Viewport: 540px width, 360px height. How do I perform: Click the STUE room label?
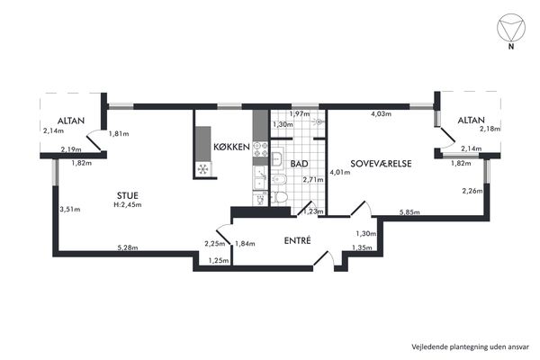coord(128,195)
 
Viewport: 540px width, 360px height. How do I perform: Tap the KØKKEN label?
coord(231,147)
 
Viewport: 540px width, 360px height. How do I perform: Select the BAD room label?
coord(299,164)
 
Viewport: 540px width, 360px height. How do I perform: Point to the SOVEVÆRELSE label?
coord(381,163)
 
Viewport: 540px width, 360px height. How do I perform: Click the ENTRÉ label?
coord(297,240)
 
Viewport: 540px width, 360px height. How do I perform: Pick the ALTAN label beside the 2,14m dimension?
coord(71,121)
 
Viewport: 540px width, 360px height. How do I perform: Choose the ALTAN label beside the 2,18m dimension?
coord(471,121)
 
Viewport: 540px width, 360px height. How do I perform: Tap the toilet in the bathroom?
coord(279,197)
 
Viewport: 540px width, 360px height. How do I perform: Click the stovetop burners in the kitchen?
coord(260,149)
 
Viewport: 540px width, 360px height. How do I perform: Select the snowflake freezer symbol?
coord(202,169)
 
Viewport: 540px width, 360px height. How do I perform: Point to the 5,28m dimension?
coord(128,247)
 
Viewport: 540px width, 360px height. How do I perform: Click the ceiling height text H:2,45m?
coord(128,204)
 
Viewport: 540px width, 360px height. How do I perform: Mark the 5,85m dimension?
coord(409,212)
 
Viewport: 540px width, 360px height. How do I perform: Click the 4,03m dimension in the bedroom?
coord(381,113)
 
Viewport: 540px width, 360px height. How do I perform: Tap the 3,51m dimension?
coord(70,209)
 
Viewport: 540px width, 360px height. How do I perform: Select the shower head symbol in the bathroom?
coord(319,121)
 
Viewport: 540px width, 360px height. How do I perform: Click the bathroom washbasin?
coord(277,158)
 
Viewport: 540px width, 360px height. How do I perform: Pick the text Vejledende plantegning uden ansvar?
coord(470,346)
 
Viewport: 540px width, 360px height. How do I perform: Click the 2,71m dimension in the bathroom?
coord(313,179)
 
